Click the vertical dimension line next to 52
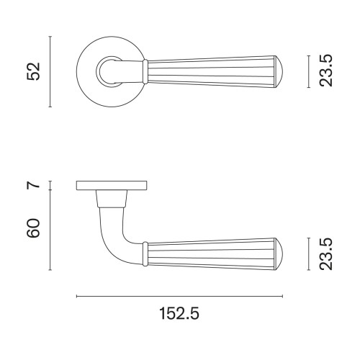pyautogui.click(x=50, y=71)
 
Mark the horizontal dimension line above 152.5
pyautogui.click(x=179, y=296)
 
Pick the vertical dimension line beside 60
pyautogui.click(x=50, y=230)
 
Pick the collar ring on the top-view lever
pyautogui.click(x=146, y=70)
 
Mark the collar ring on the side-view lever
pyautogui.click(x=146, y=253)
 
